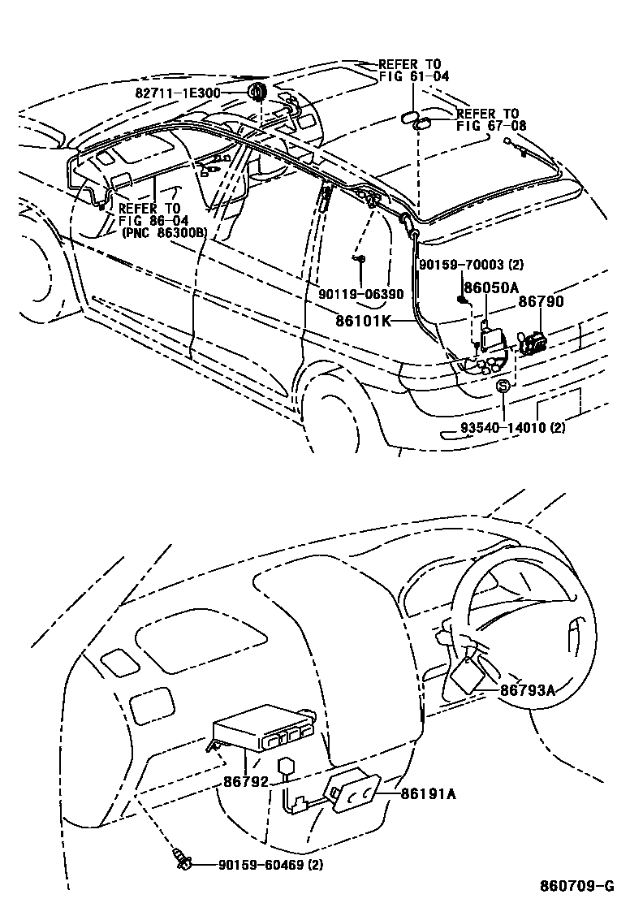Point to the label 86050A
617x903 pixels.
coord(491,288)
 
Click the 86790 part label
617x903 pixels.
coord(541,302)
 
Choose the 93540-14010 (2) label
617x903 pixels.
coord(513,428)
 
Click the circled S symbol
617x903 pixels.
coord(503,387)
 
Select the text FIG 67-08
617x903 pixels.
coord(490,126)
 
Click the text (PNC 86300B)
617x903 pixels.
coord(162,232)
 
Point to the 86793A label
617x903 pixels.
coord(527,691)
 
